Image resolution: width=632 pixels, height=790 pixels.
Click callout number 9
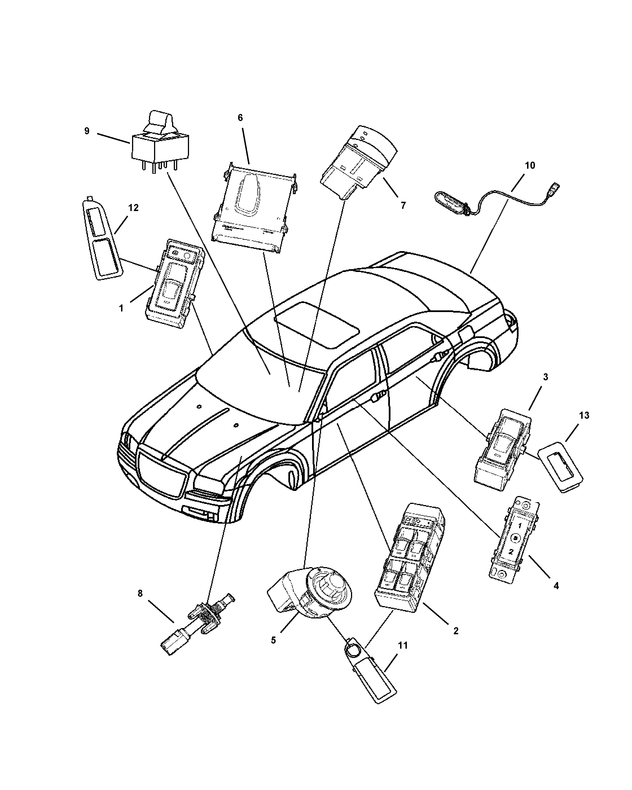pos(87,131)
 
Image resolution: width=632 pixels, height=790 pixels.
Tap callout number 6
pos(240,118)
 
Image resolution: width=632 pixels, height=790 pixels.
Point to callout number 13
pos(584,416)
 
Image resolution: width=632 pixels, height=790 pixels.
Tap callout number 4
pos(556,586)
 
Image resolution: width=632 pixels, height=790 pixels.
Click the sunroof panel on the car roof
pos(317,324)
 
